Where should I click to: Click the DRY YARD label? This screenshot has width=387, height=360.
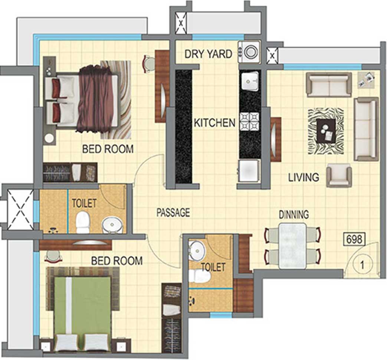tap(208, 54)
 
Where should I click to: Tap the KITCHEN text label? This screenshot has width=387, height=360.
tap(214, 123)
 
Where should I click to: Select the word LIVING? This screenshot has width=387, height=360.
tap(304, 177)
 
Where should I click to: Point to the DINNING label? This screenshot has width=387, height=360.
tap(294, 214)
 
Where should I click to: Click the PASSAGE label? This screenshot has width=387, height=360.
tap(173, 212)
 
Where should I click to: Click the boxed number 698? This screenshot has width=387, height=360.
tap(354, 239)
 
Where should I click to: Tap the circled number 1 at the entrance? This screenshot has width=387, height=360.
tap(362, 265)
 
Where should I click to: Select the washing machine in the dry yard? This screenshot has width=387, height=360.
tap(249, 52)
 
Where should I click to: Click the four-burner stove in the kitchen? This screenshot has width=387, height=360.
tap(250, 121)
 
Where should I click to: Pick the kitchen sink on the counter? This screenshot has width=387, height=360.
tap(250, 81)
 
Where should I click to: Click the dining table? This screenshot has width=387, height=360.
tap(293, 246)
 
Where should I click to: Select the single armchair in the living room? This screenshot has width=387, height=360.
tap(339, 175)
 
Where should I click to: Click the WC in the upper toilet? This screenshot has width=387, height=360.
tap(83, 222)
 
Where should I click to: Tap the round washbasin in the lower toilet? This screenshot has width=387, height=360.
tap(197, 250)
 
